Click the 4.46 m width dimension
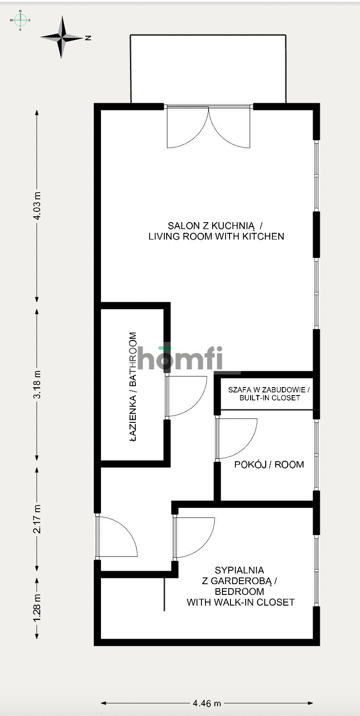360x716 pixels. [x=207, y=703]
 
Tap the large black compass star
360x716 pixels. [x=63, y=38]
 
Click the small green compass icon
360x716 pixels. [x=20, y=20]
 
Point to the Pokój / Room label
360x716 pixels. [x=269, y=464]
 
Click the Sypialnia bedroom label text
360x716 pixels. [x=240, y=586]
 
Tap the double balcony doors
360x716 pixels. [x=208, y=127]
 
